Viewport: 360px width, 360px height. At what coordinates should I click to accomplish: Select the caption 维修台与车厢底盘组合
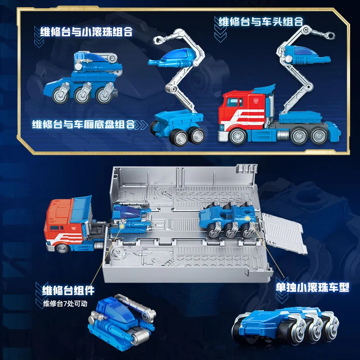(83, 124)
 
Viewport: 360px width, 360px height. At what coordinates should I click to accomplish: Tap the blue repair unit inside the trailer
(130, 219)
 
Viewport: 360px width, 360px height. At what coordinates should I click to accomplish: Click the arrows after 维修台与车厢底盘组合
(144, 124)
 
